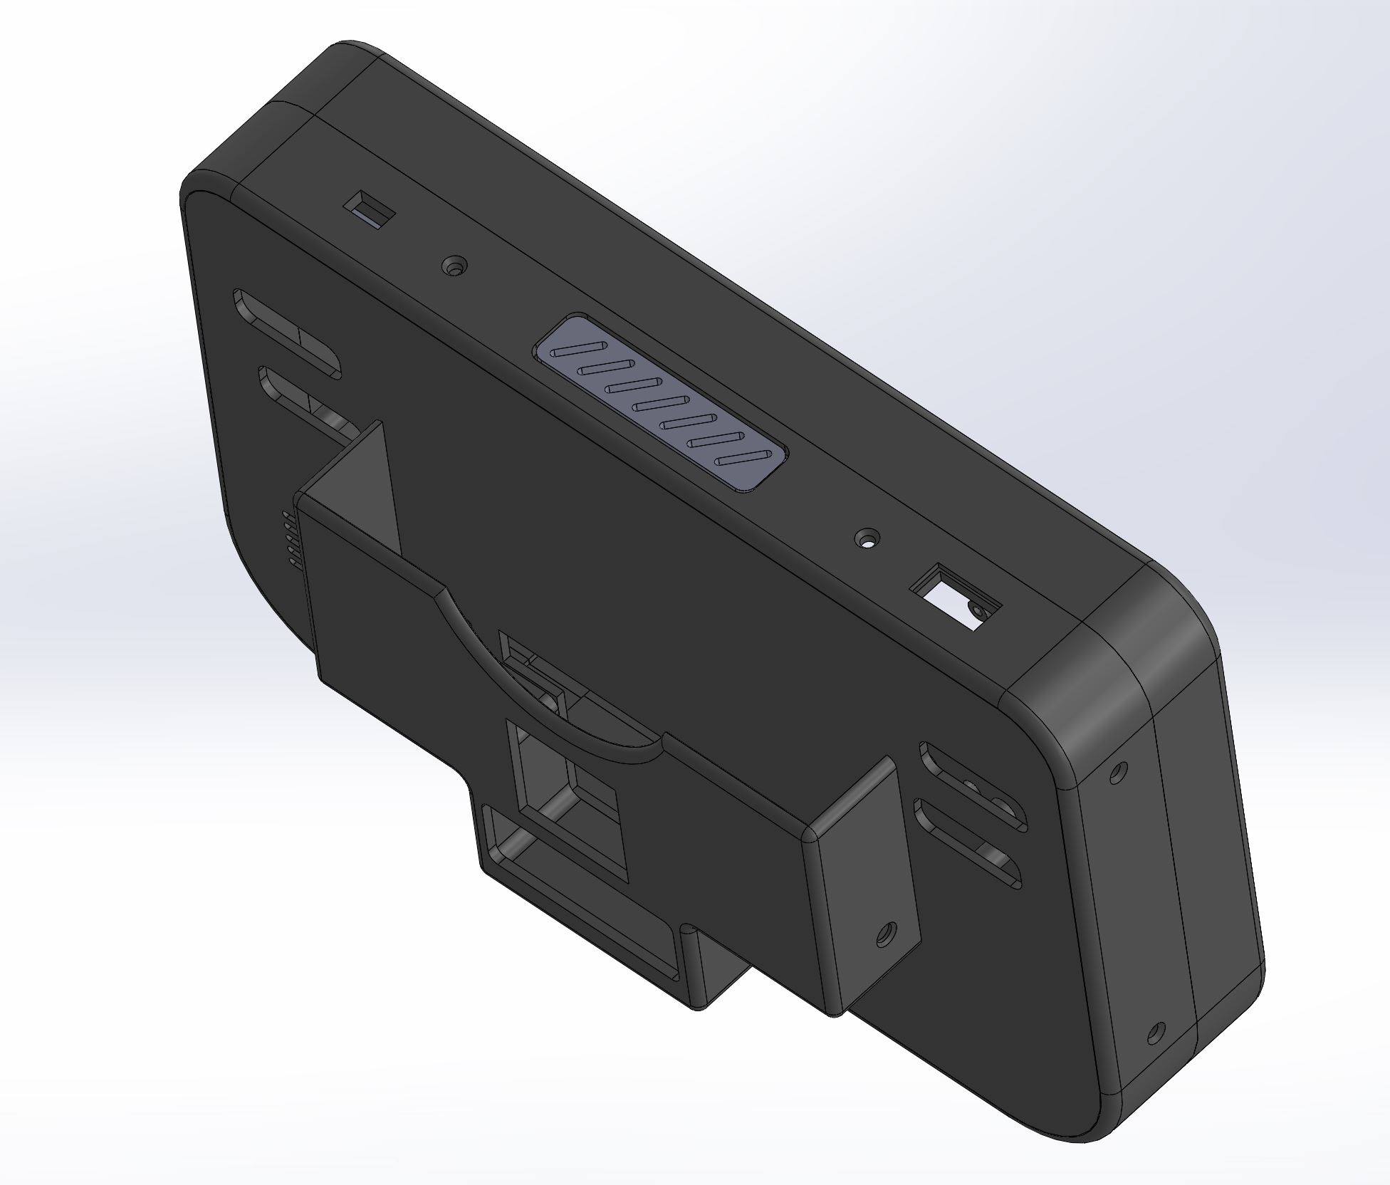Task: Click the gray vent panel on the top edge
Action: (x=662, y=402)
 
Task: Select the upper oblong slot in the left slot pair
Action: (x=286, y=335)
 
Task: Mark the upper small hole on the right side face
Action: (x=1117, y=771)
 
